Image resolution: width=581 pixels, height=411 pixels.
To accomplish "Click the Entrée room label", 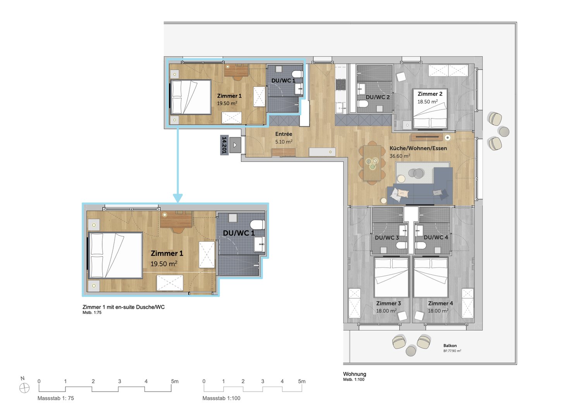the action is pos(284,134).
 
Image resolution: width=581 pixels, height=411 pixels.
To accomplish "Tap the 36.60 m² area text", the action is pos(400,156).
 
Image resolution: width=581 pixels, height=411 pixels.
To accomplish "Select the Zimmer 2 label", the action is pos(430,94).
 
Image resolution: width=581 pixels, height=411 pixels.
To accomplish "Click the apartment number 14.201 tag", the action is pos(224,145).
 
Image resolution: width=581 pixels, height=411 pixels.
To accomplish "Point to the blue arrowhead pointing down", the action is pos(178,198).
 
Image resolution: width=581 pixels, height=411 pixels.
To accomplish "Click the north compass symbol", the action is pos(24,388).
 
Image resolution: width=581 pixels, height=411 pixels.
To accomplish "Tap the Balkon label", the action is pos(450,346).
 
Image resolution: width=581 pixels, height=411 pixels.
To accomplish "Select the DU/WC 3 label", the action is pos(387,238).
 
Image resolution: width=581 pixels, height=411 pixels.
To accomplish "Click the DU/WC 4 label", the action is pos(436,237).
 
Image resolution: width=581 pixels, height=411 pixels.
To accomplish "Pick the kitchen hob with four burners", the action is pos(341,84).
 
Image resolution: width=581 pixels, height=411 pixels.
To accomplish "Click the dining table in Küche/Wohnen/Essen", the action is pos(372,163).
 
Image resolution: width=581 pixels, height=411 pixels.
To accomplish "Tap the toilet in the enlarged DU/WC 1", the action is pos(258,225).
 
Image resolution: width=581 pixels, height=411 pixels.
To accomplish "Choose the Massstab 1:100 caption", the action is pos(221,398).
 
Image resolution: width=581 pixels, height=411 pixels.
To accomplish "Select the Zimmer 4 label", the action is pos(440,303).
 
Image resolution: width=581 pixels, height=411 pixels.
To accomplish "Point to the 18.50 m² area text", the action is pos(428,102).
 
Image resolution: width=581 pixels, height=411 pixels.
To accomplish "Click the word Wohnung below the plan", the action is pos(354,374).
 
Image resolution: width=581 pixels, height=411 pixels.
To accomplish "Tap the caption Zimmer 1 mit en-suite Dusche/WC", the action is pos(124,307).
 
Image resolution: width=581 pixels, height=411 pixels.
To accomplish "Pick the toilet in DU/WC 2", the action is pos(363,104).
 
